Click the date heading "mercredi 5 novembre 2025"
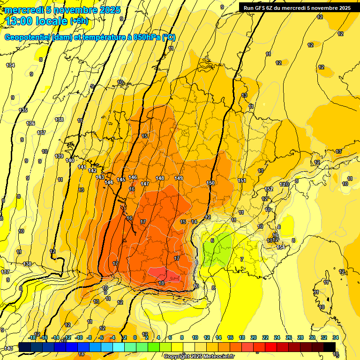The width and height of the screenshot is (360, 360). point(63,10)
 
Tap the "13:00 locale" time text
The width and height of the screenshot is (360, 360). point(37,21)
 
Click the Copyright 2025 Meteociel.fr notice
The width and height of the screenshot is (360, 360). point(199,357)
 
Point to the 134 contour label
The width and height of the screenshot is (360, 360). point(10,65)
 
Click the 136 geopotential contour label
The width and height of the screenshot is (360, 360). point(30,123)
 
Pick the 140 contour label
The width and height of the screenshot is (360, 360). point(70,160)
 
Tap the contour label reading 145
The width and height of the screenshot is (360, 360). point(121,180)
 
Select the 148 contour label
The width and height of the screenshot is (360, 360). point(160,178)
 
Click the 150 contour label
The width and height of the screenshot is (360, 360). point(210,183)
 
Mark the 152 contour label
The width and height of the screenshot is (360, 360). point(269,189)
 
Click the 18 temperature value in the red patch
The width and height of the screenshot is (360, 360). point(161,283)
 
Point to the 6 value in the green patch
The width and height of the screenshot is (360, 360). point(212,240)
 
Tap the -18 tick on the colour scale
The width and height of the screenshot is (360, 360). point(32,337)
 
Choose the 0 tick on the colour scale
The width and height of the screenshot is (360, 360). point(135,337)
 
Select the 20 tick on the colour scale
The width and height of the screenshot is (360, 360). point(254,337)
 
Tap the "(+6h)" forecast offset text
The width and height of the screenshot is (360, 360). point(79,21)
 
